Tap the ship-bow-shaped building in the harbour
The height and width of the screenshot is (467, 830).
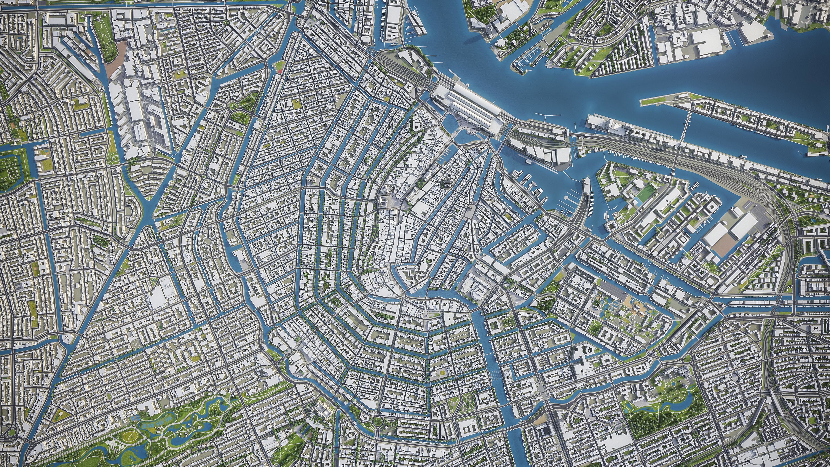click(585, 184)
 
